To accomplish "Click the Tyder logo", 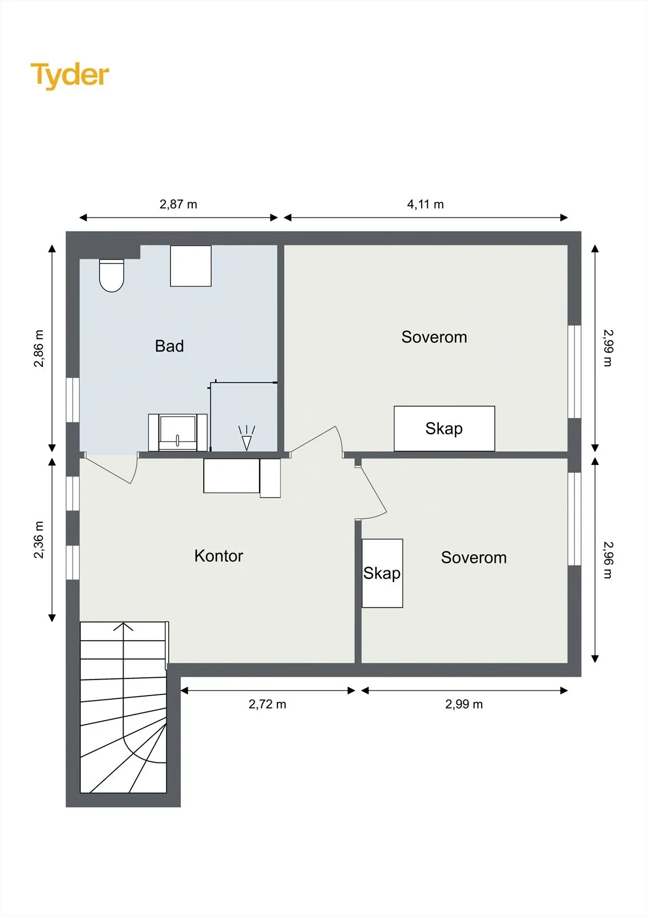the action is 70,76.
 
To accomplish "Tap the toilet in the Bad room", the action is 112,275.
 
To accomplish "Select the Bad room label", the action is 169,346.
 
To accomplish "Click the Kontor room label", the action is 219,556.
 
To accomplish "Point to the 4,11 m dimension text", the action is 426,204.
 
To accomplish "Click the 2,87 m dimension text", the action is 178,204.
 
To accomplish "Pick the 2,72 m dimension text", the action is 267,704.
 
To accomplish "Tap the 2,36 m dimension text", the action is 38,539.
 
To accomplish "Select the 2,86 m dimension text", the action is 38,349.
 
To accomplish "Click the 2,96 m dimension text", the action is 608,560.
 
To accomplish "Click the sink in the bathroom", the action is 178,432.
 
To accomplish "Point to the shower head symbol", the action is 247,438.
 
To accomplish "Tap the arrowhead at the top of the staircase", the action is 124,626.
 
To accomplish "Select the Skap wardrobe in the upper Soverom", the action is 444,429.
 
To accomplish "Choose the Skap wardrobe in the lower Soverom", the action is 382,573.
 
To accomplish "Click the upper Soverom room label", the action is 434,337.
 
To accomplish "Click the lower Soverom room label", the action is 474,558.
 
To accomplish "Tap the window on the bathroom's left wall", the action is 73,400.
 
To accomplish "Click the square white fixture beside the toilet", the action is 191,266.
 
